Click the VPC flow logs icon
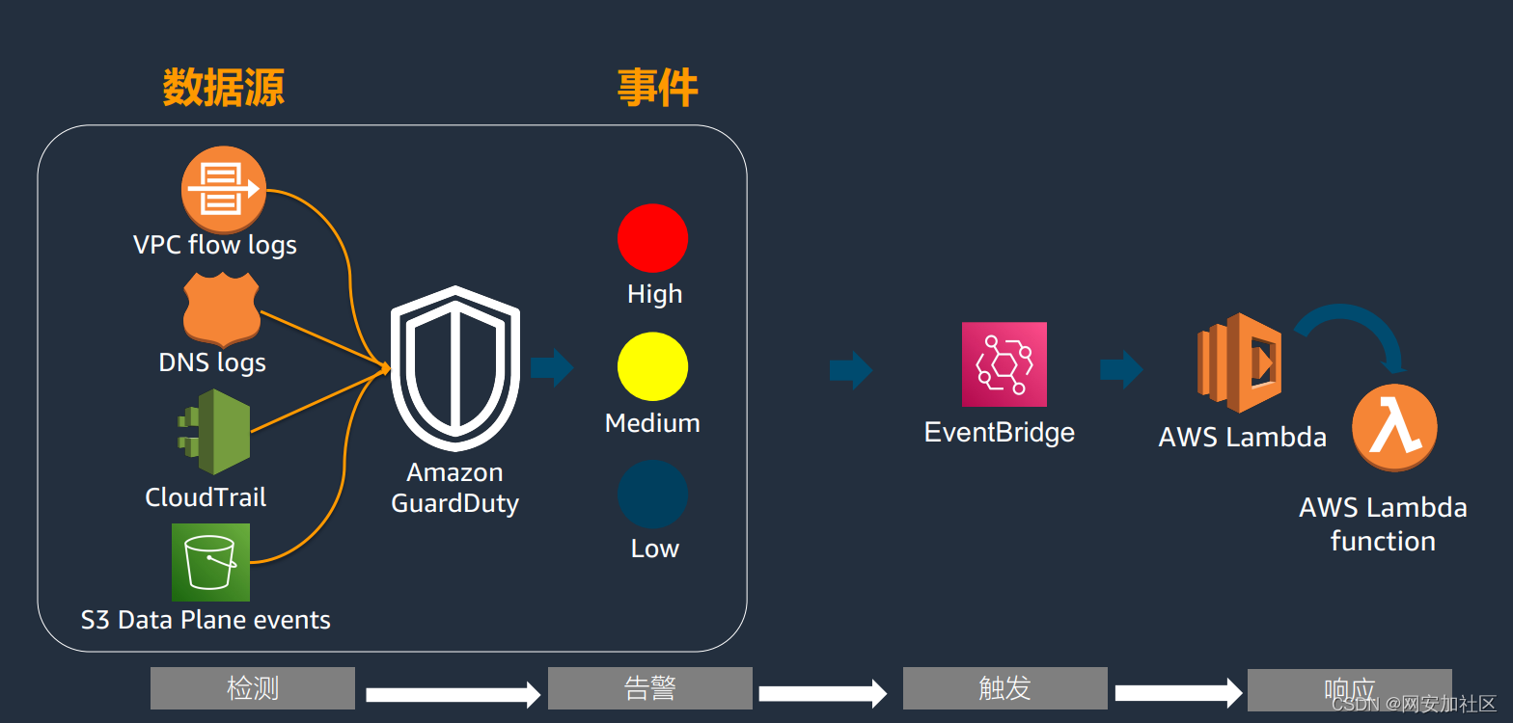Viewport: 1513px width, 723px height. point(223,188)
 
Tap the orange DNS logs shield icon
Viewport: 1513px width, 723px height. point(222,308)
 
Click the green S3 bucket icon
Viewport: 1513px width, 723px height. point(210,562)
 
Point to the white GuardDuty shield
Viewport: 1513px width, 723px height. point(454,370)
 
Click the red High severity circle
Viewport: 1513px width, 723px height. point(652,238)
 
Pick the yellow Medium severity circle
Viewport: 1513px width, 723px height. point(652,366)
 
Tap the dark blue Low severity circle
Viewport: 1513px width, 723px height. point(652,495)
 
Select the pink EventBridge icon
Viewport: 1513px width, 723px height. point(1004,364)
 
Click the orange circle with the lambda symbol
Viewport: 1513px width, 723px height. point(1394,427)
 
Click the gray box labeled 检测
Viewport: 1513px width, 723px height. point(253,688)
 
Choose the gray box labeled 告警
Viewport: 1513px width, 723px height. point(649,688)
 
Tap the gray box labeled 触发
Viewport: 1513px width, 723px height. point(1004,688)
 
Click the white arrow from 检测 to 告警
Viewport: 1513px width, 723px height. point(452,694)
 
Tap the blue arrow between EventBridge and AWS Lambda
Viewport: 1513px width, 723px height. point(1120,369)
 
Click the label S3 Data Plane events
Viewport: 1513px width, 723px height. point(206,620)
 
